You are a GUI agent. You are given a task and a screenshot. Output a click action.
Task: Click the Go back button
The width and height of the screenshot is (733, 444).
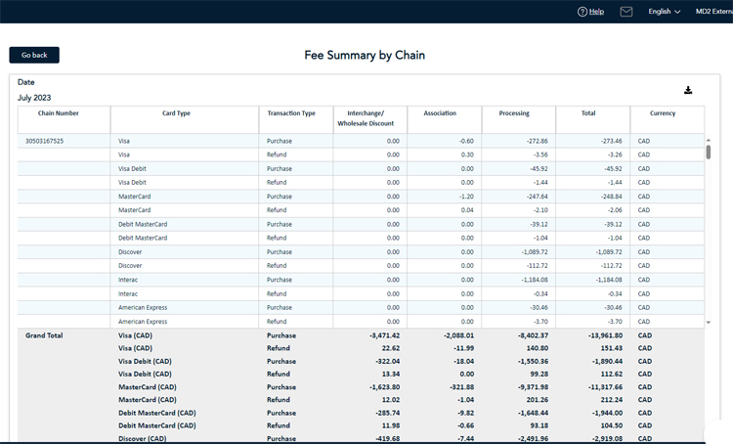(x=34, y=55)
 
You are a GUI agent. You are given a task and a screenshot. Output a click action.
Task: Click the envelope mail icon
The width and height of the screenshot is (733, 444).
(x=626, y=12)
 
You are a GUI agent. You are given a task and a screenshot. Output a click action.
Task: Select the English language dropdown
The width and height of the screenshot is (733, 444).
(x=665, y=12)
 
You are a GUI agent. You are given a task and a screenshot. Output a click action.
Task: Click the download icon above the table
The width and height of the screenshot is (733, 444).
(x=688, y=90)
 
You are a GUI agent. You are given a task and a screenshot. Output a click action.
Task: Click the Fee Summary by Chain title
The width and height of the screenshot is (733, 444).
(x=365, y=56)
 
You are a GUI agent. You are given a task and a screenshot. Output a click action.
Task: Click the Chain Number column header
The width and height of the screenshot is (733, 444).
(x=59, y=113)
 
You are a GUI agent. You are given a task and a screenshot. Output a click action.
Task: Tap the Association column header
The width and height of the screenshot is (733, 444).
(x=440, y=113)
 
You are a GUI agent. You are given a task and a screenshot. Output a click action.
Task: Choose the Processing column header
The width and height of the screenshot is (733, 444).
(x=514, y=113)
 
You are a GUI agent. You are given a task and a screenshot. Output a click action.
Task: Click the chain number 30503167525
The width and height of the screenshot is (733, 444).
(x=45, y=141)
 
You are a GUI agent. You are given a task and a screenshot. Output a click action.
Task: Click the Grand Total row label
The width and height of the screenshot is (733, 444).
(x=44, y=335)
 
